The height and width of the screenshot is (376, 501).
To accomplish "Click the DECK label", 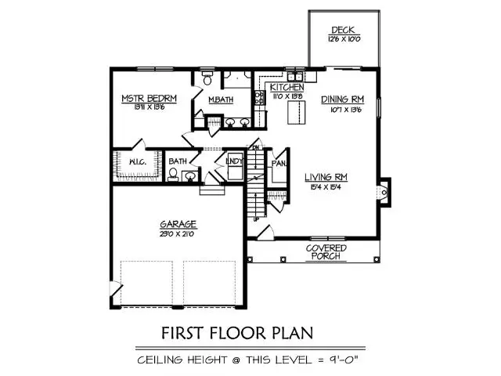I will (343, 31).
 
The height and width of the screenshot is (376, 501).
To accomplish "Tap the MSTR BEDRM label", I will (148, 98).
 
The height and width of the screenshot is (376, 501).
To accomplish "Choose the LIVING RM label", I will (325, 178).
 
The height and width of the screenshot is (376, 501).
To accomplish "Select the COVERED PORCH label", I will (328, 251).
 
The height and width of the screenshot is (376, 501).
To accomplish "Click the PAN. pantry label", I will (277, 164).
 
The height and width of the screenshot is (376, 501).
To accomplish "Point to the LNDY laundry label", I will (234, 161).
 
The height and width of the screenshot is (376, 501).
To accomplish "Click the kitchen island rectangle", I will (297, 113).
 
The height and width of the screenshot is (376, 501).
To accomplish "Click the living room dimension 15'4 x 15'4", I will (325, 187).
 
